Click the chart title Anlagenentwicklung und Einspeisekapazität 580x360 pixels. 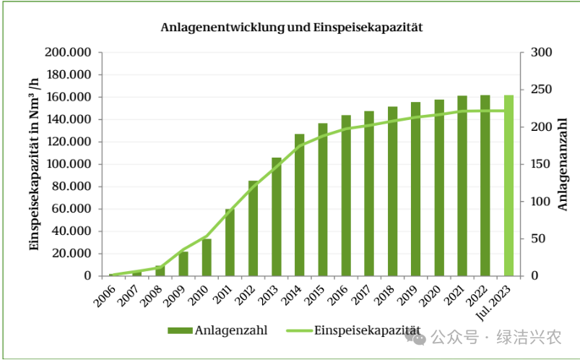291,27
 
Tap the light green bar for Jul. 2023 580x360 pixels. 508,186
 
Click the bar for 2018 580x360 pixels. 392,192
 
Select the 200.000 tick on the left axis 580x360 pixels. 67,53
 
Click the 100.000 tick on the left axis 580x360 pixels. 67,164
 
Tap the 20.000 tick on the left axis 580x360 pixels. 70,254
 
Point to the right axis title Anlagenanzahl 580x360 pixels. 563,164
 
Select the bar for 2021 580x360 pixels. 462,186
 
